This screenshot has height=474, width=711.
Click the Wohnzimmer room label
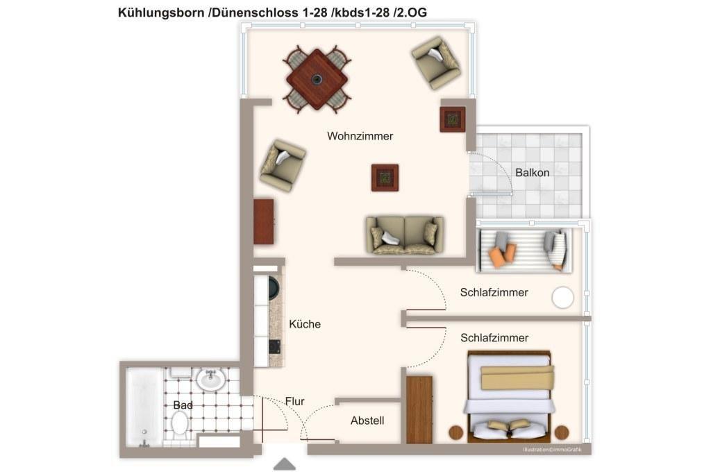360,136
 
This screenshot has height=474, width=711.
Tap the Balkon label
533,173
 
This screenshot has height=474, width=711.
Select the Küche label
305,324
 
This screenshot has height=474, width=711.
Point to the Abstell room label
367,421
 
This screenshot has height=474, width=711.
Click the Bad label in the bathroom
183,405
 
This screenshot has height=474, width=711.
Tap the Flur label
294,401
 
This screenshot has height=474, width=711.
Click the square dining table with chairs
317,79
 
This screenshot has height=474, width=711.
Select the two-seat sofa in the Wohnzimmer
405,235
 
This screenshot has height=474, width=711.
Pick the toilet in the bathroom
180,425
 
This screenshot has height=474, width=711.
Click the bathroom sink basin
211,380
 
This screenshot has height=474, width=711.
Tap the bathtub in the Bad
144,407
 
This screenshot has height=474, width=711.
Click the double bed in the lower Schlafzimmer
509,396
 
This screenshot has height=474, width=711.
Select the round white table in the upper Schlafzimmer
562,298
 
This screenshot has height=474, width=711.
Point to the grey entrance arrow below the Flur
285,464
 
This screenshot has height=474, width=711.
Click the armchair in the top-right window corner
436,62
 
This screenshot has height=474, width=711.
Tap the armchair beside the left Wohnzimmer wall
283,165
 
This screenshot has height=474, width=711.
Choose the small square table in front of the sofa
385,178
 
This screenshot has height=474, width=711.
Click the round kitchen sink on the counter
274,288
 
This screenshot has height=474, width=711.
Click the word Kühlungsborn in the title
161,12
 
